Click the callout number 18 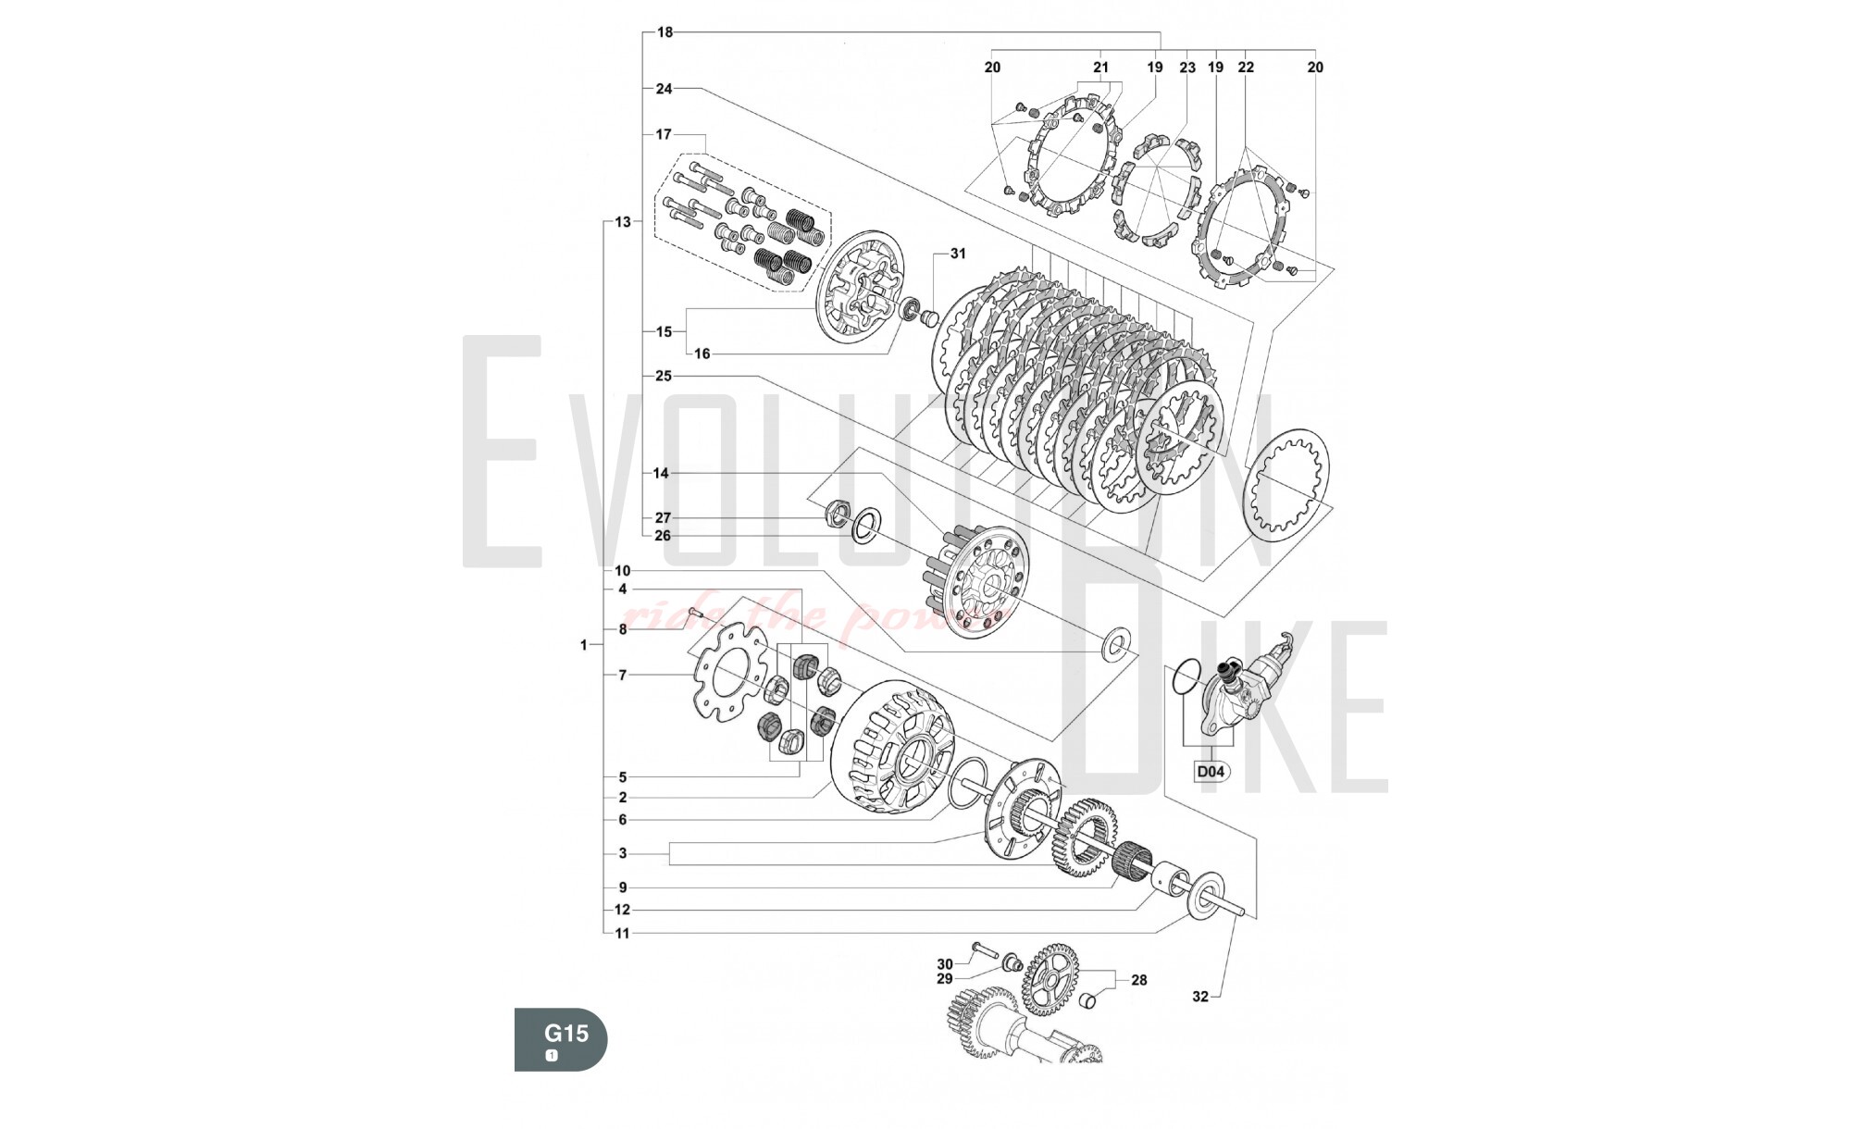click(x=665, y=32)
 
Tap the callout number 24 click(x=665, y=89)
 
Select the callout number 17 click(x=664, y=134)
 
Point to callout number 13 click(x=622, y=222)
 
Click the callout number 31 click(x=958, y=254)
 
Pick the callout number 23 click(x=1187, y=68)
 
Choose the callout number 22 click(x=1246, y=68)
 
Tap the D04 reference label click(x=1211, y=771)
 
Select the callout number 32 click(x=1200, y=997)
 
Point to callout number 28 click(x=1138, y=980)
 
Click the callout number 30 click(x=945, y=964)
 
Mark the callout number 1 click(x=584, y=645)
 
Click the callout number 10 click(x=622, y=571)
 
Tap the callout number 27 click(x=663, y=518)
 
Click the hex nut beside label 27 click(x=838, y=512)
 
